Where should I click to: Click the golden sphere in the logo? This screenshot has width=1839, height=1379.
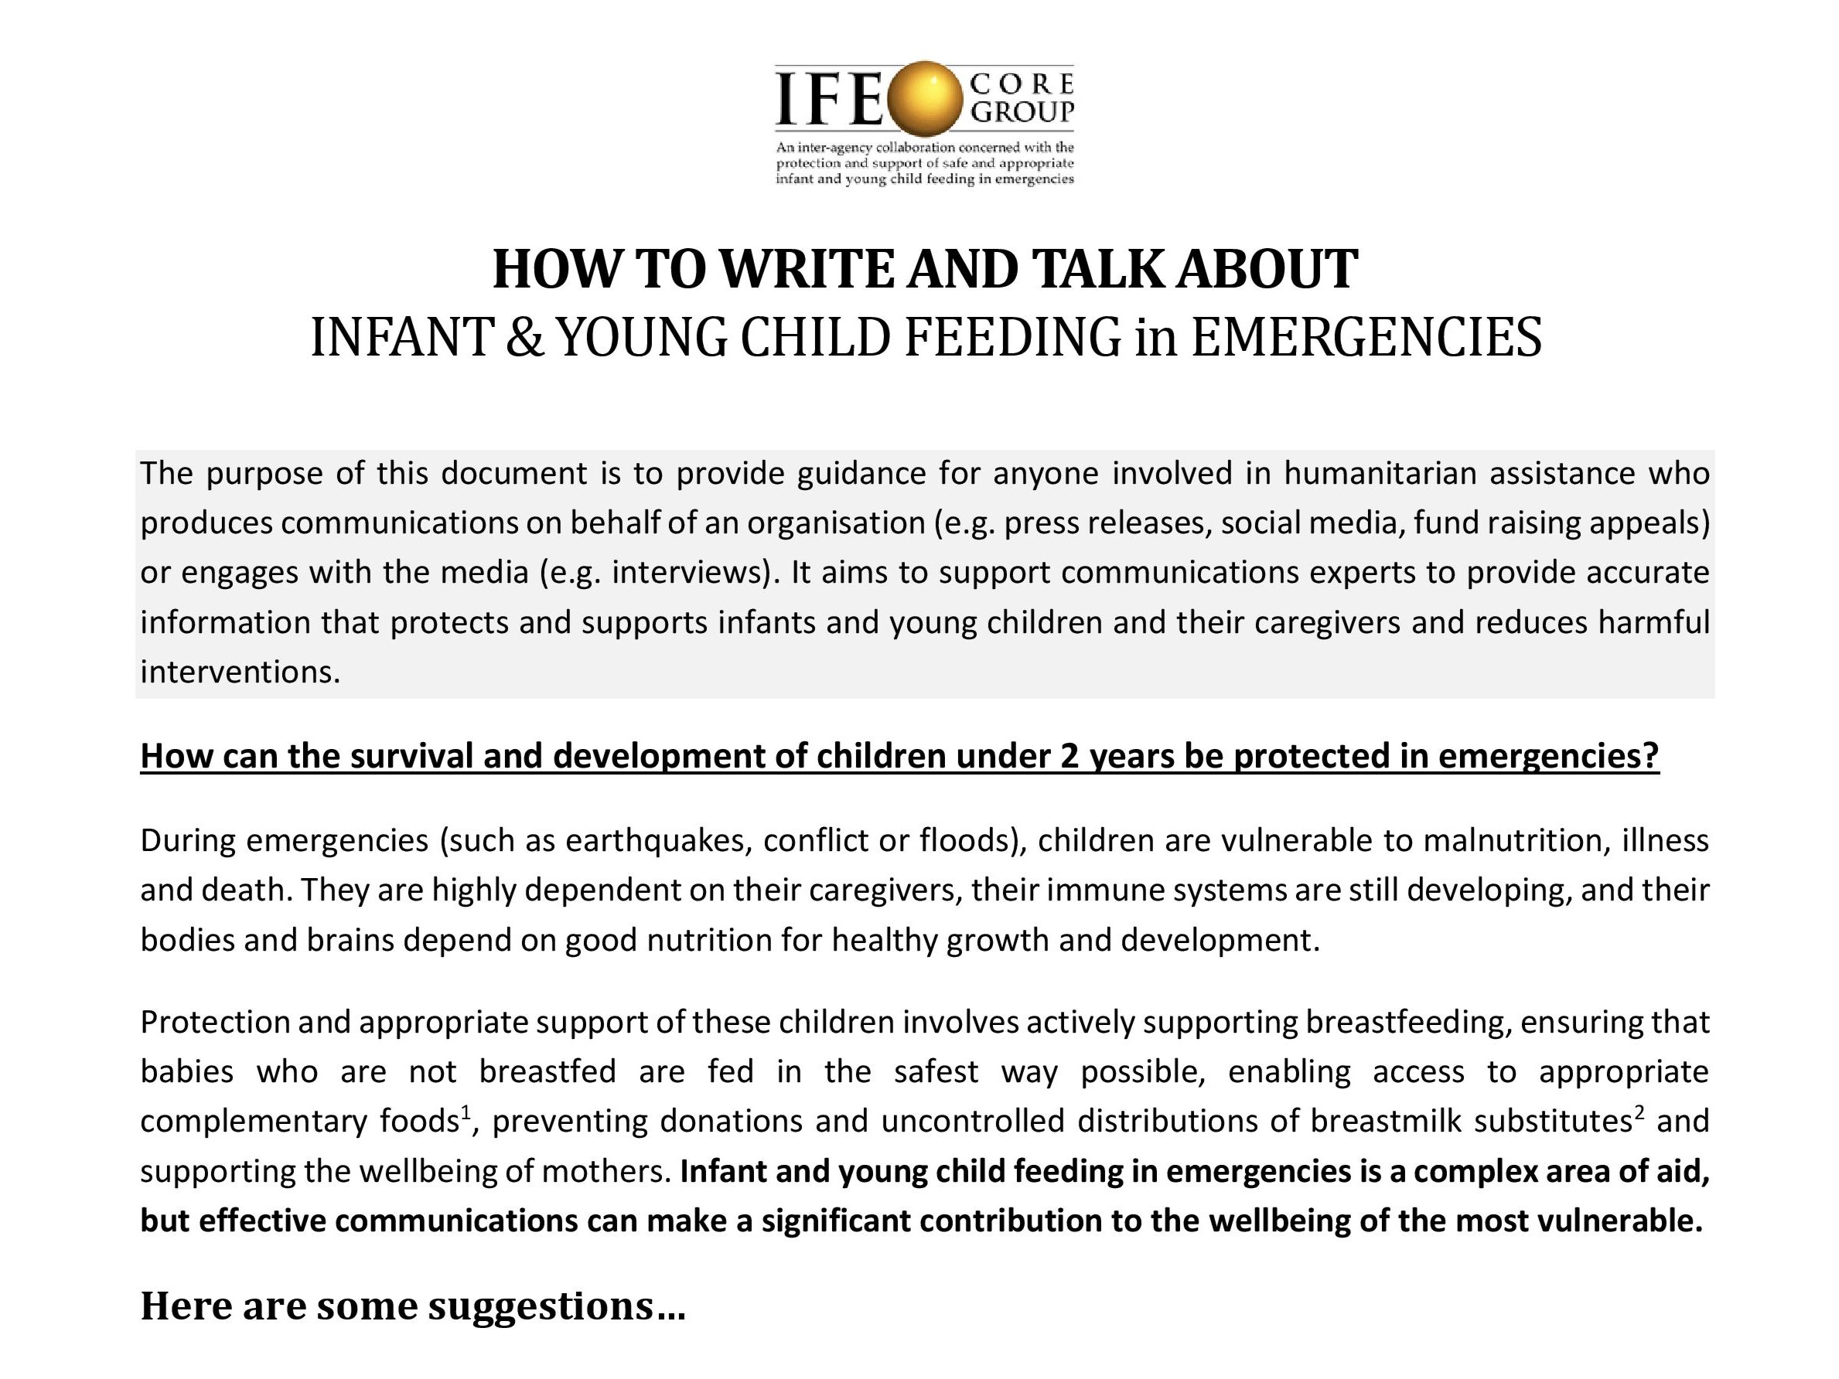(x=924, y=98)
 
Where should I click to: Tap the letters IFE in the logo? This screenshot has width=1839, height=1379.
(x=828, y=98)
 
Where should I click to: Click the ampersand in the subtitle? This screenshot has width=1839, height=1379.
(x=523, y=338)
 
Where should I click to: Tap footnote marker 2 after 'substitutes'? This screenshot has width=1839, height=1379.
(x=1639, y=1112)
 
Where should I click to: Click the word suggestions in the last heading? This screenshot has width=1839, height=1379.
(x=541, y=1306)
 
